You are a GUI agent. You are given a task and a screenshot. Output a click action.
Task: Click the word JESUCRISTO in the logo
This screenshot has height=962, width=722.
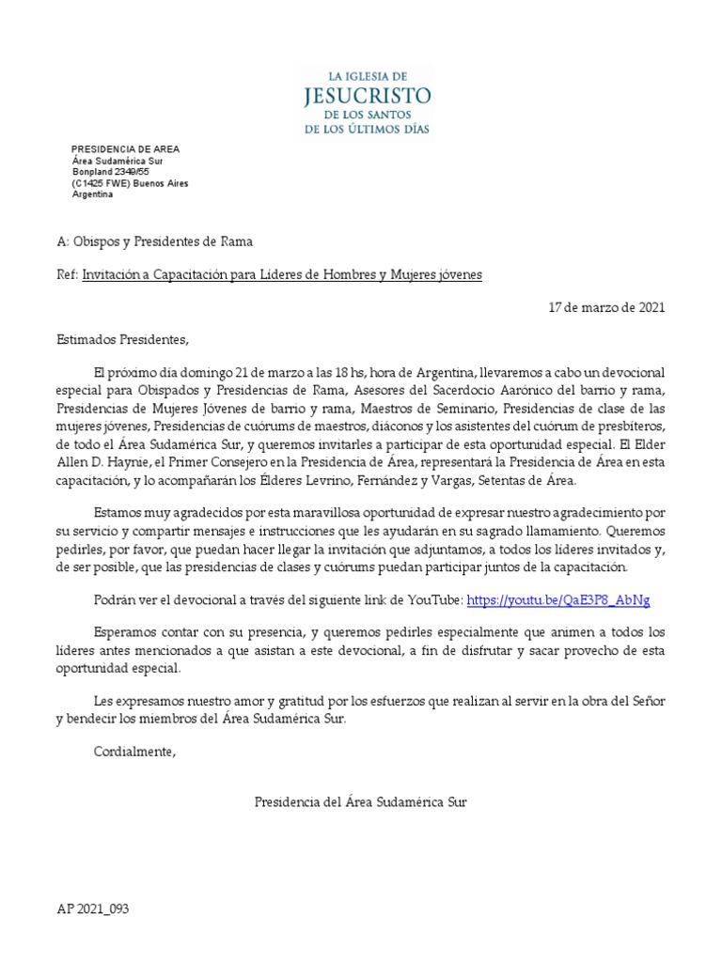pos(367,95)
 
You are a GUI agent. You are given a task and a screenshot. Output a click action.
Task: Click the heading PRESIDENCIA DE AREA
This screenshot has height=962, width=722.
pos(125,149)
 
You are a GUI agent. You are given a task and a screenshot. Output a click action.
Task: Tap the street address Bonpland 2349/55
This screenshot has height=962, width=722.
pos(111,172)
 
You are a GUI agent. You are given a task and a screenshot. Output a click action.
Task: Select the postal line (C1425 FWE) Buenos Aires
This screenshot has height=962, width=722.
pos(130,183)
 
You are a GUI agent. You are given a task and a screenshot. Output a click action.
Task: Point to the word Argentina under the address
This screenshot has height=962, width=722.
pos(92,194)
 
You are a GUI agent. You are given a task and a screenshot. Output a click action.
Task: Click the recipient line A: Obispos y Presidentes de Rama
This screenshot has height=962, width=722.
pos(154,242)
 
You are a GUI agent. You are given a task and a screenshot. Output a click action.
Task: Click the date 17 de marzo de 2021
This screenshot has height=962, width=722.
pos(606,308)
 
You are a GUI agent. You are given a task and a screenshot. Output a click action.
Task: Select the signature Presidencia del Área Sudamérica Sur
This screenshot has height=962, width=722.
pos(360,801)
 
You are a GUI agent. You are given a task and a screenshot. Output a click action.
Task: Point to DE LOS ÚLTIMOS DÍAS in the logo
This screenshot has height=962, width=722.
pos(367,129)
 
